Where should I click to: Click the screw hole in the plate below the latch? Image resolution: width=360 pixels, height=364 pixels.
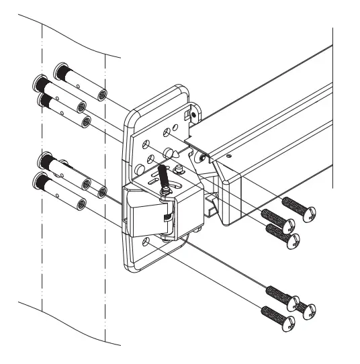coord(147,240)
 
